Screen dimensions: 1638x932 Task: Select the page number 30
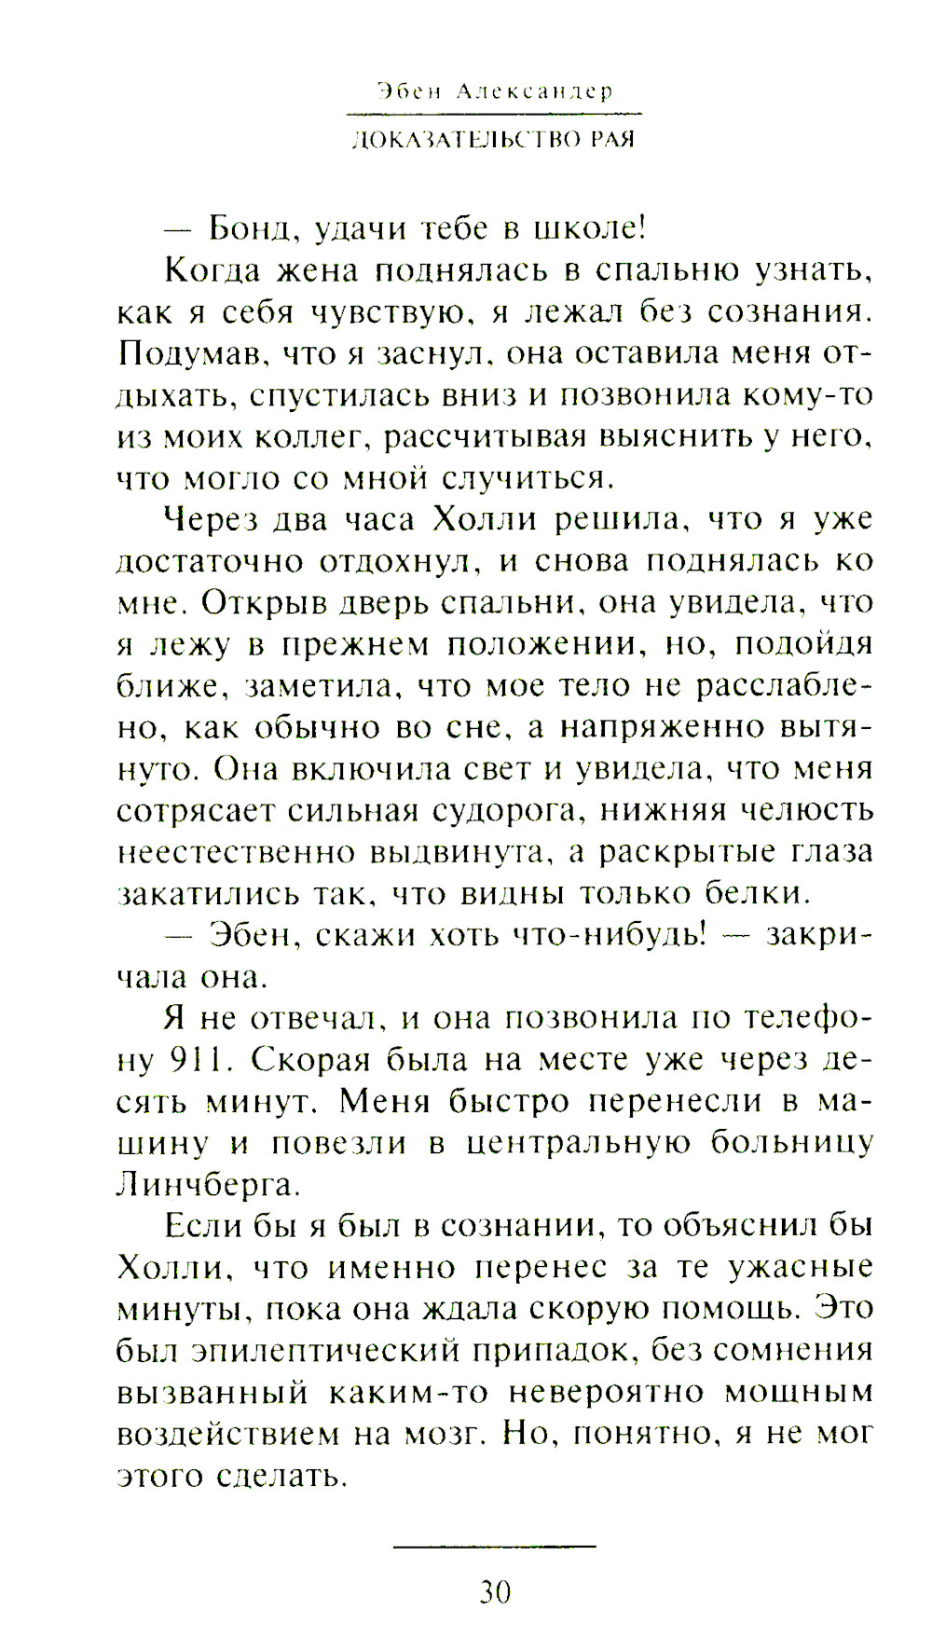[495, 1592]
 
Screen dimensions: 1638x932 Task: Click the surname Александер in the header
[535, 91]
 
